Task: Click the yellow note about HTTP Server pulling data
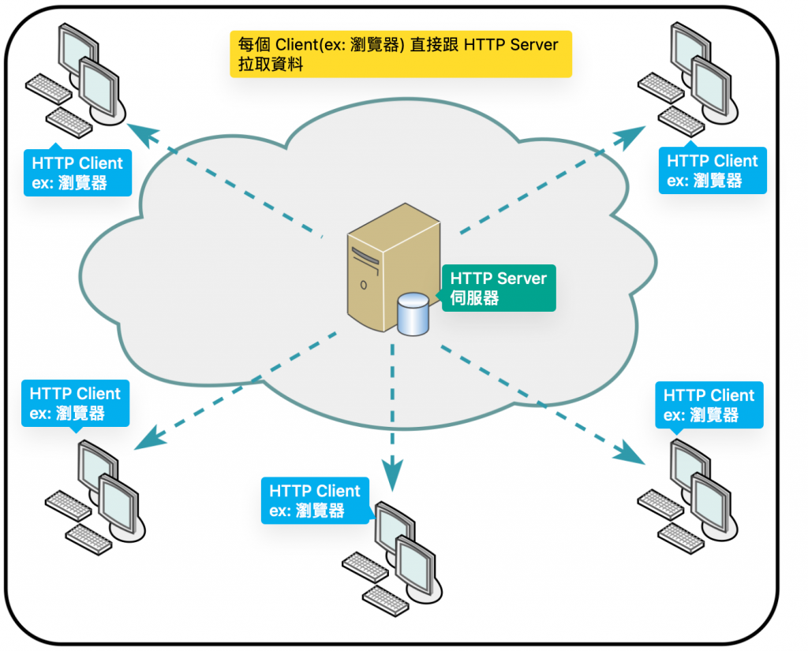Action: tap(400, 54)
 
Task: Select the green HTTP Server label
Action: tap(499, 288)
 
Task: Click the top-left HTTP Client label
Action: tap(77, 174)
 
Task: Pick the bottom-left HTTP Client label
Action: tap(75, 403)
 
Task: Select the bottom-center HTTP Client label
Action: tap(315, 501)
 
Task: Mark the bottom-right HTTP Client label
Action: tap(709, 405)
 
